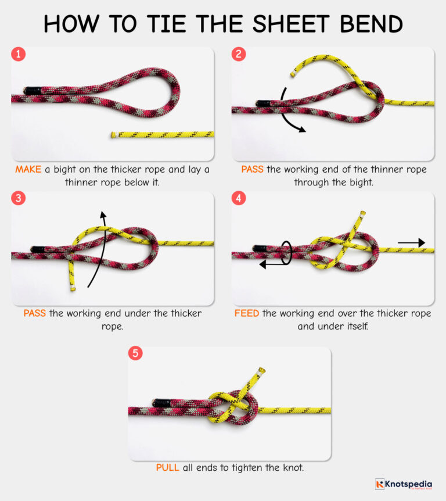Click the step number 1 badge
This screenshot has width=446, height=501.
tap(19, 55)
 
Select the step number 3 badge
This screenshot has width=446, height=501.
tap(19, 199)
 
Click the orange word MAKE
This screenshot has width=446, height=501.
tap(28, 170)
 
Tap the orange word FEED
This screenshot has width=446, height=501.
tap(247, 314)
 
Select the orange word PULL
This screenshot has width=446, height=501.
tap(167, 467)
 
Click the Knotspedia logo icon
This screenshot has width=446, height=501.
tap(380, 484)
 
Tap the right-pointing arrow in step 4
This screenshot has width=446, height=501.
tap(412, 243)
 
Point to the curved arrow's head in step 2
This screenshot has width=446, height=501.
tap(302, 130)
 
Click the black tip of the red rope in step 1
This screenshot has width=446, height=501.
tap(30, 90)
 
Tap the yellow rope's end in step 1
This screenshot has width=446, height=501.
tap(114, 135)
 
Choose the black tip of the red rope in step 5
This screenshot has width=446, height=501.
tap(161, 402)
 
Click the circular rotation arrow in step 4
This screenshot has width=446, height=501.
tap(285, 252)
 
